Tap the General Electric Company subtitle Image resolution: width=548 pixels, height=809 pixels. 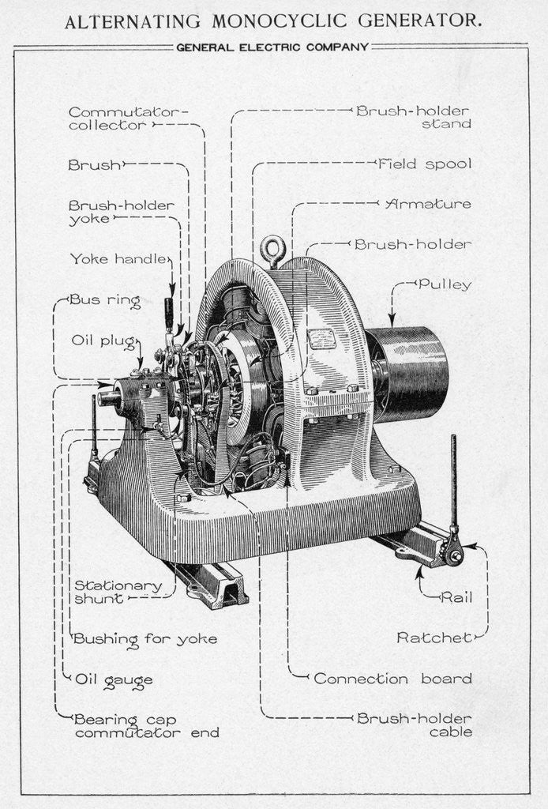[272, 47]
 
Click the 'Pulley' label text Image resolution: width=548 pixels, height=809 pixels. [445, 284]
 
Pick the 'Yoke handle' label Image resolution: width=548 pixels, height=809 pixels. [118, 258]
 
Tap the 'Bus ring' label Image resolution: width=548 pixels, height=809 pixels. [105, 300]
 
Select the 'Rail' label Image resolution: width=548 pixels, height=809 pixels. [457, 597]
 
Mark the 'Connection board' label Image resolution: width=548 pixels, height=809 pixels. [392, 679]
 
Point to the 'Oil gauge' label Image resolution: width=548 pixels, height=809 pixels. [113, 679]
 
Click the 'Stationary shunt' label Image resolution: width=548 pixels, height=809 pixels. [117, 592]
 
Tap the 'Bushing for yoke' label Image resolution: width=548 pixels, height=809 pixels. [145, 638]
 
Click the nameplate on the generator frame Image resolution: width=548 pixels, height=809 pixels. [322, 339]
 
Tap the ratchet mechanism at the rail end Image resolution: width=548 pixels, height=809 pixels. [453, 554]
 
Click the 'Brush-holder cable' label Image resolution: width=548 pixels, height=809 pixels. [414, 725]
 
